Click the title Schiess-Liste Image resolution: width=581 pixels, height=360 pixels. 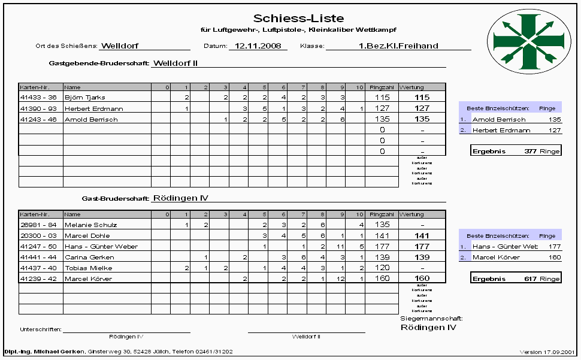(298, 19)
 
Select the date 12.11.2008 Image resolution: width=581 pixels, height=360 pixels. (258, 46)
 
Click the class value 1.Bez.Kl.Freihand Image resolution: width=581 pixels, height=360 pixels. (398, 46)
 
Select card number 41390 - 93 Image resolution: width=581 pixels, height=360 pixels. (38, 108)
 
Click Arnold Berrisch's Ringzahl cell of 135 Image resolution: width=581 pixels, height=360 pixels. (382, 119)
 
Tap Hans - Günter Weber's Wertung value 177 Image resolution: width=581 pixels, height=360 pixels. (422, 246)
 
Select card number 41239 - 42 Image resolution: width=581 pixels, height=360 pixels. (38, 279)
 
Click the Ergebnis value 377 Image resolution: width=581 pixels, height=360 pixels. (530, 152)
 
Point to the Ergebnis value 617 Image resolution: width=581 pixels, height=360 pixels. (530, 279)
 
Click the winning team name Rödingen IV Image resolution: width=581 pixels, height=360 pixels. (428, 328)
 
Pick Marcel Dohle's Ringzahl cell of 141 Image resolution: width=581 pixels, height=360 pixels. (382, 235)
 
